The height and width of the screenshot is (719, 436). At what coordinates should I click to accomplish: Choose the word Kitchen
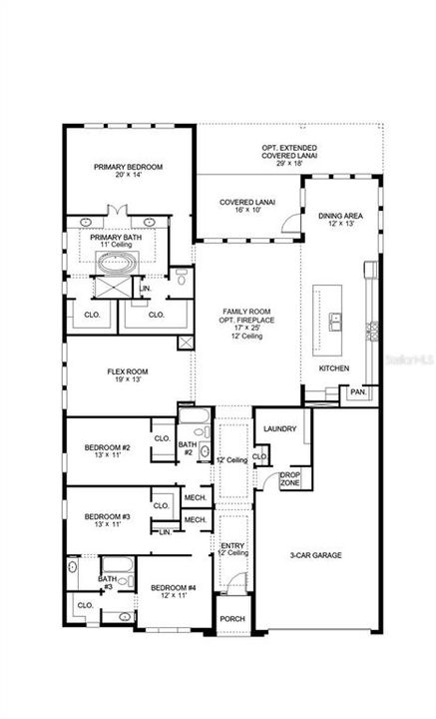pos(334,368)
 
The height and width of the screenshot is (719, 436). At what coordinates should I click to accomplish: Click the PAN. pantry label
pos(357,392)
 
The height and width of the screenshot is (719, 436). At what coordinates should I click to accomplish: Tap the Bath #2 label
pos(187,447)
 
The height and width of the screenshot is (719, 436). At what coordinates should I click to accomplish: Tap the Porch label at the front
pos(231,620)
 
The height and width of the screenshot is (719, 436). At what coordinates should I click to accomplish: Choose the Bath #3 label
pos(106,581)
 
